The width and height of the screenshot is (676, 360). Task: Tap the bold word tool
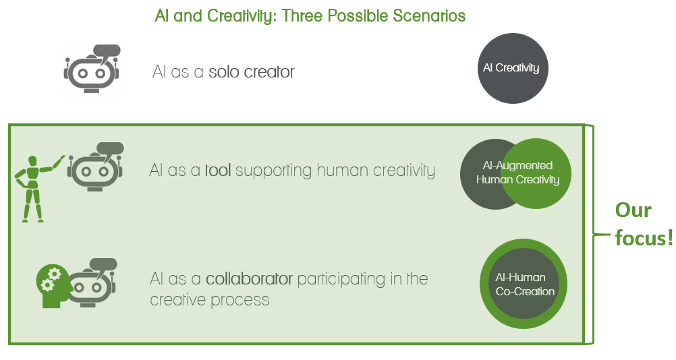pyautogui.click(x=218, y=171)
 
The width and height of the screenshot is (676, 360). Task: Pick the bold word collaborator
pyautogui.click(x=249, y=278)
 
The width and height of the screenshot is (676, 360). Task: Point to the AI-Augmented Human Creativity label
pyautogui.click(x=517, y=173)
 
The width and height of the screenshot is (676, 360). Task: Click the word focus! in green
pyautogui.click(x=644, y=237)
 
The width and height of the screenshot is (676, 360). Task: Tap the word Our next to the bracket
pyautogui.click(x=633, y=210)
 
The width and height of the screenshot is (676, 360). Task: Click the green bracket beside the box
pyautogui.click(x=591, y=235)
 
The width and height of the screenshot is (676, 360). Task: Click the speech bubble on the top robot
pyautogui.click(x=107, y=51)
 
